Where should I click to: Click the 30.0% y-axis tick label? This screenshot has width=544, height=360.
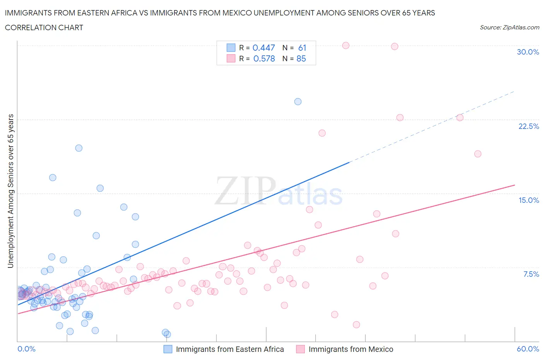tap(528, 52)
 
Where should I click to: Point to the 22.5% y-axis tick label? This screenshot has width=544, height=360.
tap(529, 126)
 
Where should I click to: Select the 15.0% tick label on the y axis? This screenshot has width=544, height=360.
tap(529, 200)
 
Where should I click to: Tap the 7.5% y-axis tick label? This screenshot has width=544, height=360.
tap(531, 274)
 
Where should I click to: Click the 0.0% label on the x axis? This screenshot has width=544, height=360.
tap(26, 349)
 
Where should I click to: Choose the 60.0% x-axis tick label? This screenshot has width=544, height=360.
tap(528, 349)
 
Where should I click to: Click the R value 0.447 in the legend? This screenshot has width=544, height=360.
tap(263, 48)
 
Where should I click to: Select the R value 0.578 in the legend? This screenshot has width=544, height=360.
tap(264, 58)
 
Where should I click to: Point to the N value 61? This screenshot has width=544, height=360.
tap(302, 48)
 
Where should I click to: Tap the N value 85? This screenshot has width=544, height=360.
tap(301, 58)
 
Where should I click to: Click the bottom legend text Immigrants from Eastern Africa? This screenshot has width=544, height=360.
tap(230, 349)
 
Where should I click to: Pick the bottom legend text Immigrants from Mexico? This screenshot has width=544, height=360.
tap(351, 349)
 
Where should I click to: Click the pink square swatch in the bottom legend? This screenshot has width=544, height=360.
tap(300, 349)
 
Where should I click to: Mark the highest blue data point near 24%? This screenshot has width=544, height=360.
tap(298, 102)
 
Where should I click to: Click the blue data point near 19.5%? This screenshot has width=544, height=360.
tap(79, 148)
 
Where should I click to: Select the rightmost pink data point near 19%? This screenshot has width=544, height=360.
tap(478, 154)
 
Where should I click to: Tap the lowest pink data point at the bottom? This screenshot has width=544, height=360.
tap(356, 325)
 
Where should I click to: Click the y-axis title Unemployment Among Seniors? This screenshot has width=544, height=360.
tap(10, 191)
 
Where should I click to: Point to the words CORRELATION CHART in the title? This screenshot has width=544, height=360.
tap(44, 27)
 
